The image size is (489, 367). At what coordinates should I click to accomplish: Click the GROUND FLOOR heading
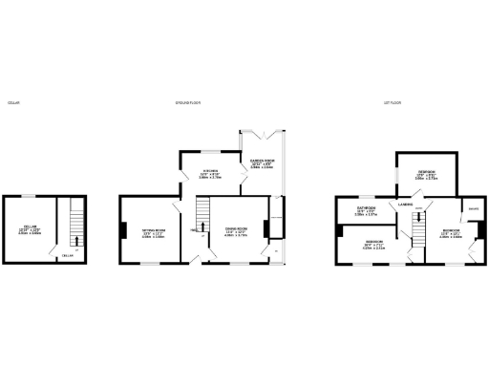click(186, 102)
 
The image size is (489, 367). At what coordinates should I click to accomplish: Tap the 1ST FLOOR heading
click(390, 102)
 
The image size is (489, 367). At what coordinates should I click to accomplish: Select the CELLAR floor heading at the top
click(13, 102)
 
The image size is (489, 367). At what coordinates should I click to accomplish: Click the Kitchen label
click(209, 172)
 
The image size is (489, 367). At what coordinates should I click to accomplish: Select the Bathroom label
click(367, 207)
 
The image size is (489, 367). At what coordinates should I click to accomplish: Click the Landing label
click(406, 203)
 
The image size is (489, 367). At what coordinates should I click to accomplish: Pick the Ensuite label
click(472, 207)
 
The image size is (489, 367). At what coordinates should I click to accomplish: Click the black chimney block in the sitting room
click(123, 228)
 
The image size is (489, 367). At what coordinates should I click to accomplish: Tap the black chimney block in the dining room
click(266, 228)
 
